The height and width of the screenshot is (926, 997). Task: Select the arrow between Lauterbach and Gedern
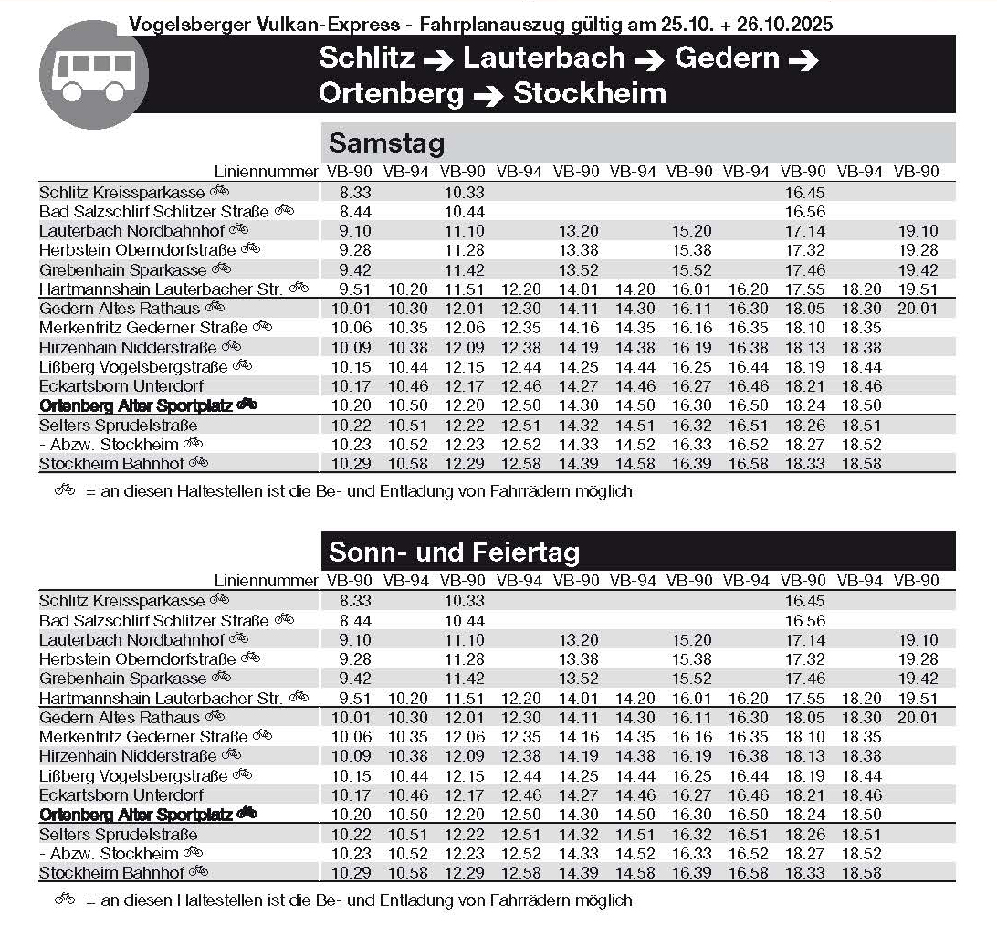649,60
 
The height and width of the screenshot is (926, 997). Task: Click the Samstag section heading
386,143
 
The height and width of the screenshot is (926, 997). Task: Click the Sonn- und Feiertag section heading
454,552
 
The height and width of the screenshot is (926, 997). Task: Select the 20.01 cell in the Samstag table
916,309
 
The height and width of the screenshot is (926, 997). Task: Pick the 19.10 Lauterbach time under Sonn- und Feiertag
916,639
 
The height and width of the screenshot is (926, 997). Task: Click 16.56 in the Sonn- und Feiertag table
803,620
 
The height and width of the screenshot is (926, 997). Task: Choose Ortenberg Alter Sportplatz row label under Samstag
136,405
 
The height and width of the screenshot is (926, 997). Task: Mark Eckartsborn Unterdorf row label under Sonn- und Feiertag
121,794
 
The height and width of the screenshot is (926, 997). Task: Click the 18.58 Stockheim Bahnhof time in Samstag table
860,464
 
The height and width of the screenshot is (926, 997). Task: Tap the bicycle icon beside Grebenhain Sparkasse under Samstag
221,268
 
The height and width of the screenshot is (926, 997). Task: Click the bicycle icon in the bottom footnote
64,900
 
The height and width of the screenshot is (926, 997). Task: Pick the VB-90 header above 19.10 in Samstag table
916,172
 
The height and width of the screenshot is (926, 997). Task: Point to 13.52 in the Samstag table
576,269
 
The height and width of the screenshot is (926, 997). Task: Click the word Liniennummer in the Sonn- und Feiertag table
266,581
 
